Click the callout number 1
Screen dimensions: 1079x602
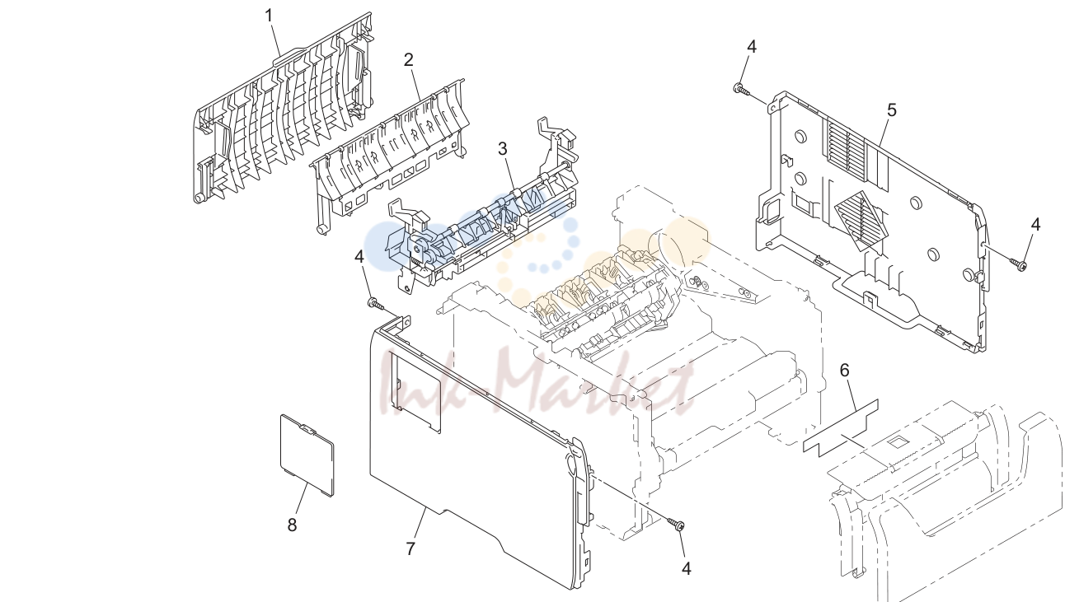point(270,16)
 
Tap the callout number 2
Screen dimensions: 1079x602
point(409,60)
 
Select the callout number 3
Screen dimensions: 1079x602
point(503,149)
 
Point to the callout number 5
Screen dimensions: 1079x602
point(892,110)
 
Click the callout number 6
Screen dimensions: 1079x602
point(844,370)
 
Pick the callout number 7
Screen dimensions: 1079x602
point(410,548)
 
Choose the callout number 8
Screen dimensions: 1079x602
point(292,525)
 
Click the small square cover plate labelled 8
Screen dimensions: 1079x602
point(307,455)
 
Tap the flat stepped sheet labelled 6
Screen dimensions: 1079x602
point(841,428)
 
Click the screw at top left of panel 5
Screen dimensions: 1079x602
point(741,89)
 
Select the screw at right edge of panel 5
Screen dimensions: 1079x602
point(1017,264)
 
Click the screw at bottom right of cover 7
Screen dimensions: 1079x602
point(676,524)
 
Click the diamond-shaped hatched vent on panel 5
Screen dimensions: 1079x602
point(861,222)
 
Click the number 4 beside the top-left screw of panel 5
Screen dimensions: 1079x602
point(752,47)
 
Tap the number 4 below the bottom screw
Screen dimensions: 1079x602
point(687,569)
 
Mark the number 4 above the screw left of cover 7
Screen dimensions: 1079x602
point(359,256)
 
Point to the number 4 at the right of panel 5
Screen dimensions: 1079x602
point(1035,224)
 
